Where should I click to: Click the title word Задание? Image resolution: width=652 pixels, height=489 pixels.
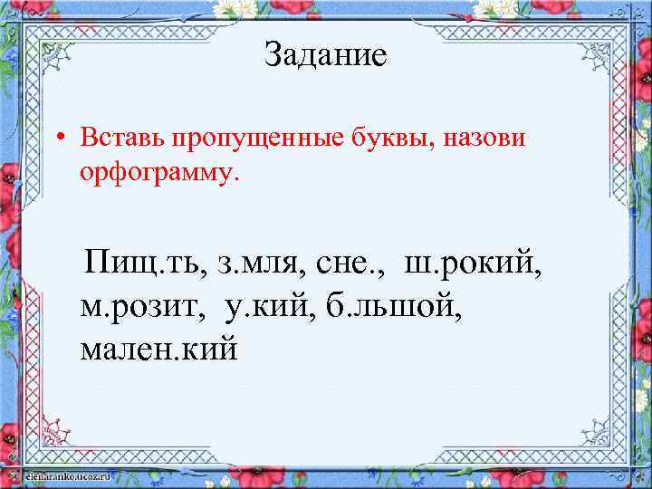tap(325, 56)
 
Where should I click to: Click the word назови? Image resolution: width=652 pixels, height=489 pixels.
tap(485, 140)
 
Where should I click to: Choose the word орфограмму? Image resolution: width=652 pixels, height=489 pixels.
tap(160, 172)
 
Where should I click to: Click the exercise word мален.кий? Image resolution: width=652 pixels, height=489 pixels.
tap(158, 347)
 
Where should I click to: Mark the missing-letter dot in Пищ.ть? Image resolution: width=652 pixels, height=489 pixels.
tap(163, 273)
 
